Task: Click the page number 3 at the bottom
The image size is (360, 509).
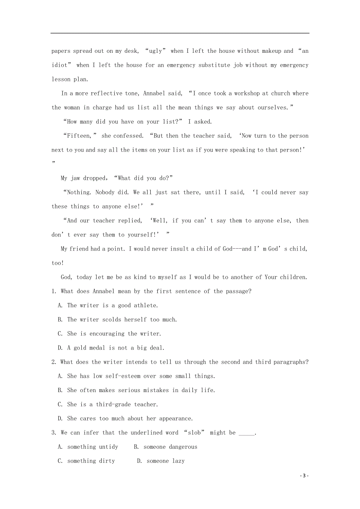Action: (304, 476)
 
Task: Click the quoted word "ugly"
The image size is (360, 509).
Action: (155, 51)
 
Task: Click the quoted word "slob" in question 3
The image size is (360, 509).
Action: (194, 433)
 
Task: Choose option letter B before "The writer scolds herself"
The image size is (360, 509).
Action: (60, 320)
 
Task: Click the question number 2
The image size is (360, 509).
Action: (53, 362)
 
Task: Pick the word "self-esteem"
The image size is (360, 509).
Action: (121, 376)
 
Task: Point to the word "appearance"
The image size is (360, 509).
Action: (174, 419)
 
